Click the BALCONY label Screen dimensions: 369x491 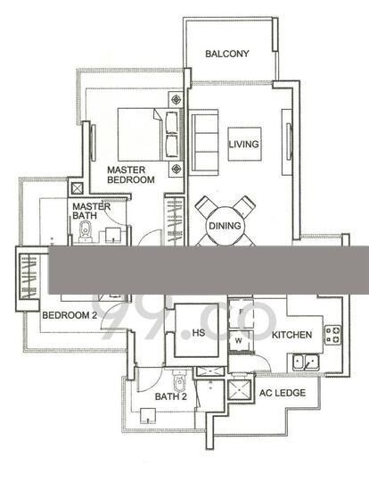[227, 54]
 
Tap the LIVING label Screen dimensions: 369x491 [244, 145]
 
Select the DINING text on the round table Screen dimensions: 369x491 [225, 226]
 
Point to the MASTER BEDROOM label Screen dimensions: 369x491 [131, 175]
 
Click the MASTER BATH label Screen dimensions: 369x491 [91, 211]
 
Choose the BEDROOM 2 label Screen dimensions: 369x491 [70, 315]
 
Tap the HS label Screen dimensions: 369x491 [199, 333]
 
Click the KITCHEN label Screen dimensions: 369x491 [291, 335]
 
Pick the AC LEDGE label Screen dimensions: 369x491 [282, 393]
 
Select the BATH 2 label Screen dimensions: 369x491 [171, 396]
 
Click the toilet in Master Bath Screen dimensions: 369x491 [85, 232]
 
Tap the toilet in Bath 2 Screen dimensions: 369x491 [179, 380]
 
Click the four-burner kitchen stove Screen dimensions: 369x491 [332, 335]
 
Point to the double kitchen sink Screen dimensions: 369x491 [306, 362]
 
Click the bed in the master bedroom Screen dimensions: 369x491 [150, 135]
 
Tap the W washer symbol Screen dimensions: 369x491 [239, 341]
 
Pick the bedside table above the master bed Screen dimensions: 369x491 [176, 100]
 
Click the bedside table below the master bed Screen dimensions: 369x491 [176, 169]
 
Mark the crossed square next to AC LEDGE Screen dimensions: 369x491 [240, 390]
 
